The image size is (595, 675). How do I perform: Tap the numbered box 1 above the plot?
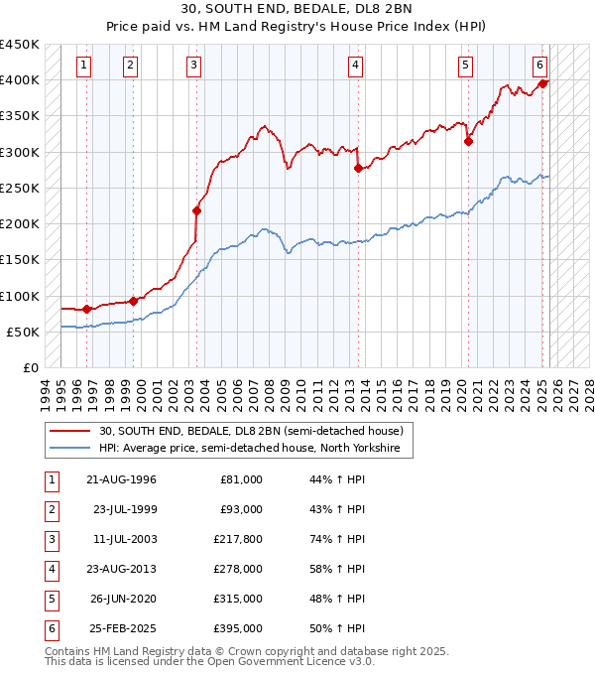(x=83, y=66)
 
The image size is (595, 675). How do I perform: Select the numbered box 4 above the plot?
(x=354, y=66)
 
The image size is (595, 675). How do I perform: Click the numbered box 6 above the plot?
(x=539, y=66)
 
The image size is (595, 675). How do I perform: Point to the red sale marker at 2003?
(x=196, y=210)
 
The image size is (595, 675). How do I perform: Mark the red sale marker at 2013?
(x=358, y=168)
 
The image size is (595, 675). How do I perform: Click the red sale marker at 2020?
(x=468, y=141)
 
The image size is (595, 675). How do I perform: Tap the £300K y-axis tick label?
(x=20, y=152)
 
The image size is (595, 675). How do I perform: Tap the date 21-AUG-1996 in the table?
(x=122, y=479)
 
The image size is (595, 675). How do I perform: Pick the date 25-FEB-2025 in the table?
(x=122, y=628)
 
